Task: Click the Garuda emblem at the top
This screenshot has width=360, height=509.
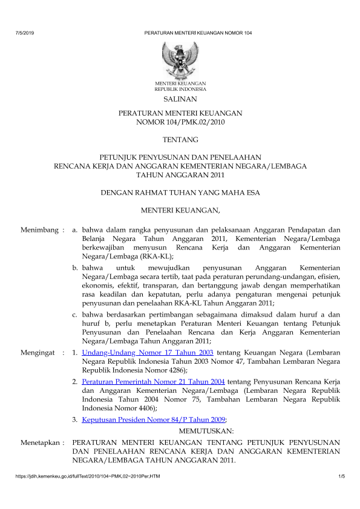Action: point(180,58)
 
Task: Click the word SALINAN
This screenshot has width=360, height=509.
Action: point(180,98)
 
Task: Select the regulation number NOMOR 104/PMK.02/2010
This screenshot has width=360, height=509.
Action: point(180,122)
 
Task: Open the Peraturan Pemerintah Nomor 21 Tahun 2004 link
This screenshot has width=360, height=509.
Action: point(154,383)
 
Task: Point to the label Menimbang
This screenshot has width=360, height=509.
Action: point(41,230)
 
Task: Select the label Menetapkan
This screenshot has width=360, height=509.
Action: point(41,443)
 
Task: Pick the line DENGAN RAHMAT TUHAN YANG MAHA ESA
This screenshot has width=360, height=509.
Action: point(180,193)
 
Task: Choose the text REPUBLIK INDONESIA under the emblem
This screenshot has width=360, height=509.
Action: point(180,88)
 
